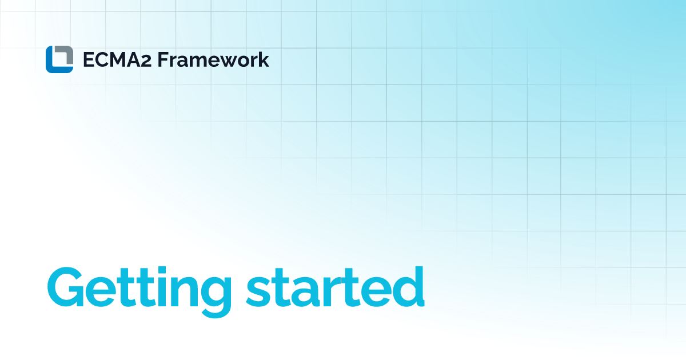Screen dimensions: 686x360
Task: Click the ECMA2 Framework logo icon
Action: tap(59, 59)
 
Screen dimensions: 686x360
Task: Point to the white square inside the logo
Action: tap(59, 59)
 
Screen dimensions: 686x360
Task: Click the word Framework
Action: tap(213, 59)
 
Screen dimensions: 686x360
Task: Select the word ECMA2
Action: tap(117, 59)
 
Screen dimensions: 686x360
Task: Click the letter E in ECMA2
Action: tap(89, 59)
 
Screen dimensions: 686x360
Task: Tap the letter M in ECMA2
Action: tap(119, 59)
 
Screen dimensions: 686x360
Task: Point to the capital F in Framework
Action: tap(163, 59)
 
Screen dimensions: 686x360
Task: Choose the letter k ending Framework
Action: tap(263, 59)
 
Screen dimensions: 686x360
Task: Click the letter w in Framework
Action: tap(225, 62)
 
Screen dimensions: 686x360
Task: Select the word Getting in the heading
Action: tap(139, 291)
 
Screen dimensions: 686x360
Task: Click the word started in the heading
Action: tap(336, 286)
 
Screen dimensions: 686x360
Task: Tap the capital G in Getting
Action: tap(66, 287)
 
